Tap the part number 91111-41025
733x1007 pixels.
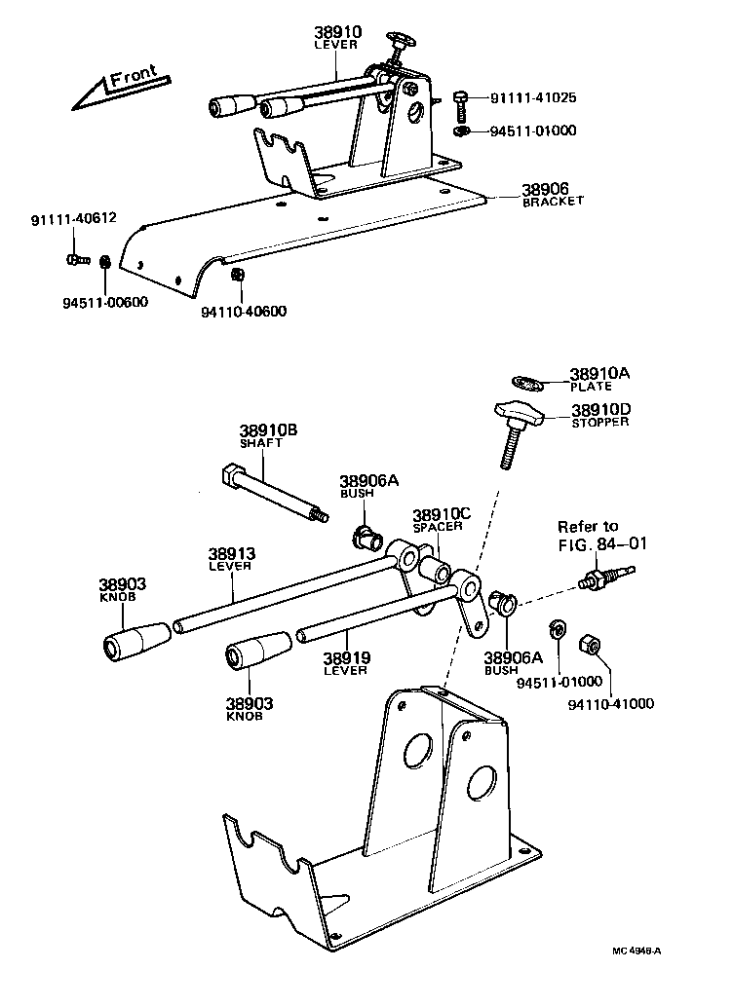pyautogui.click(x=533, y=97)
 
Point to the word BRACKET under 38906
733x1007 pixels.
pyautogui.click(x=553, y=201)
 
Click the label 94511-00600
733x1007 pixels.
pyautogui.click(x=98, y=302)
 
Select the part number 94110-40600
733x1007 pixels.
pyautogui.click(x=244, y=312)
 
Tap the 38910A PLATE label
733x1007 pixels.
pyautogui.click(x=600, y=378)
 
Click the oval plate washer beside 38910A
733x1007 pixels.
pyautogui.click(x=526, y=380)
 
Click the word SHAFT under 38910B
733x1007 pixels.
pyautogui.click(x=260, y=442)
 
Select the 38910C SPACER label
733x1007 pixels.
pyautogui.click(x=442, y=519)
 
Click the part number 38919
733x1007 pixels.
pyautogui.click(x=346, y=657)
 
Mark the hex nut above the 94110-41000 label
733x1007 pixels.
pyautogui.click(x=591, y=644)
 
